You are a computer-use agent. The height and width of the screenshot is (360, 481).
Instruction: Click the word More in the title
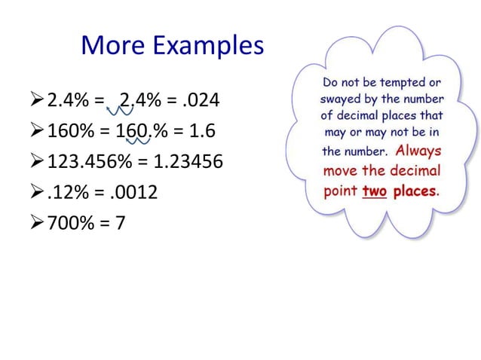pyautogui.click(x=113, y=47)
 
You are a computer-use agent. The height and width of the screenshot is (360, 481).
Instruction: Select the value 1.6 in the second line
pyautogui.click(x=201, y=132)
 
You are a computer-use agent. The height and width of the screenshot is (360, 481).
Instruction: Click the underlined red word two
pyautogui.click(x=373, y=191)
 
